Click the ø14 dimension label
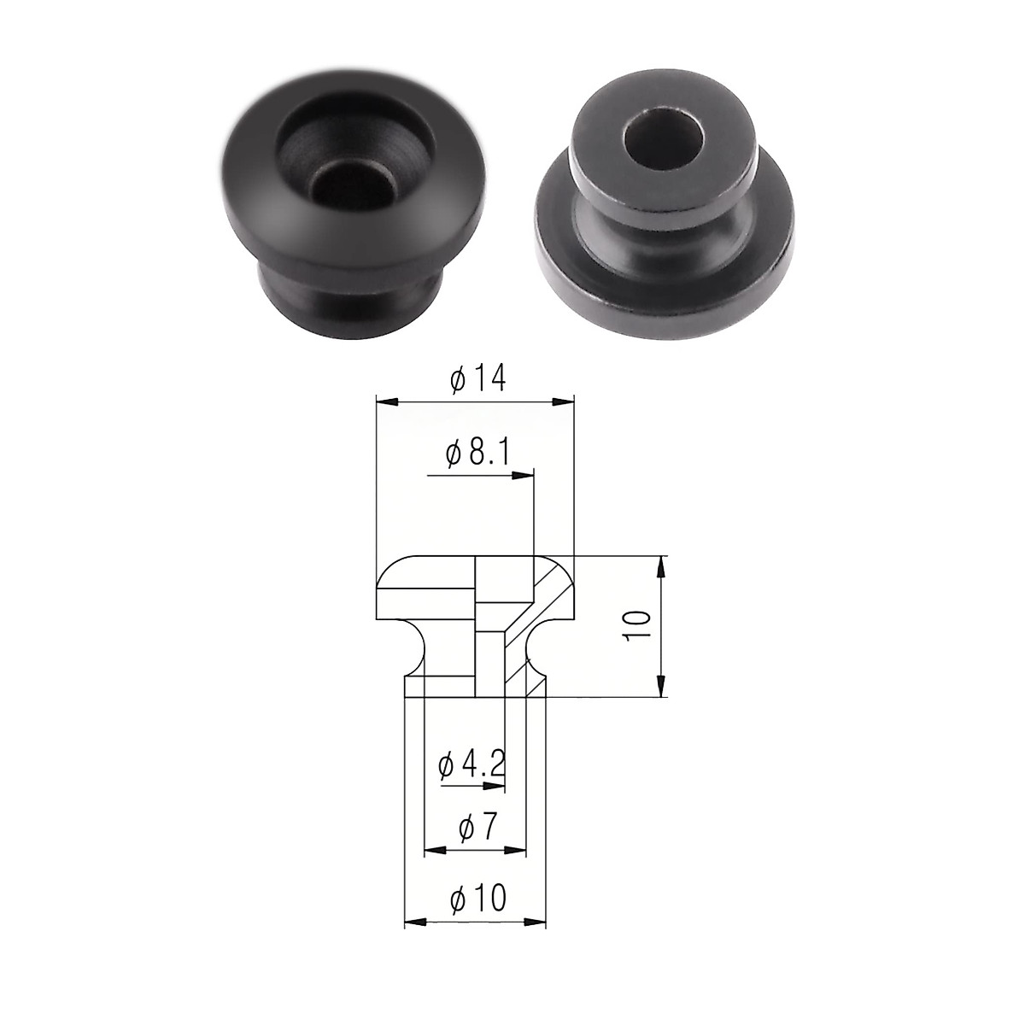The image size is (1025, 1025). pyautogui.click(x=477, y=379)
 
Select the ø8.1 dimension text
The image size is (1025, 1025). pyautogui.click(x=477, y=454)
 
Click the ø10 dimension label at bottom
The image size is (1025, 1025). pyautogui.click(x=477, y=899)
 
